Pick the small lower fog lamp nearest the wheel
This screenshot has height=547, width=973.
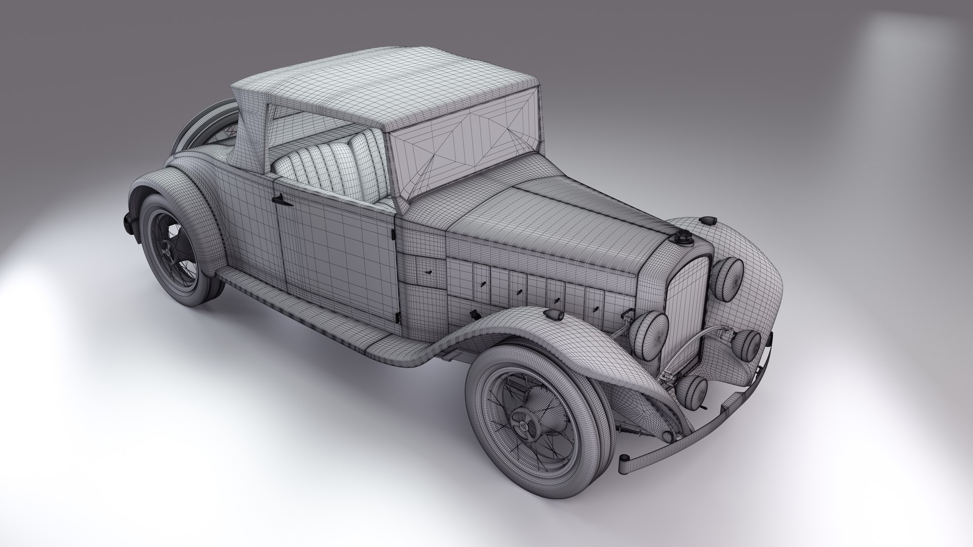(x=691, y=389)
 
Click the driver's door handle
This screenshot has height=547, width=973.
(x=282, y=202)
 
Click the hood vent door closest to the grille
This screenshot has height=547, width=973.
(x=593, y=303)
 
